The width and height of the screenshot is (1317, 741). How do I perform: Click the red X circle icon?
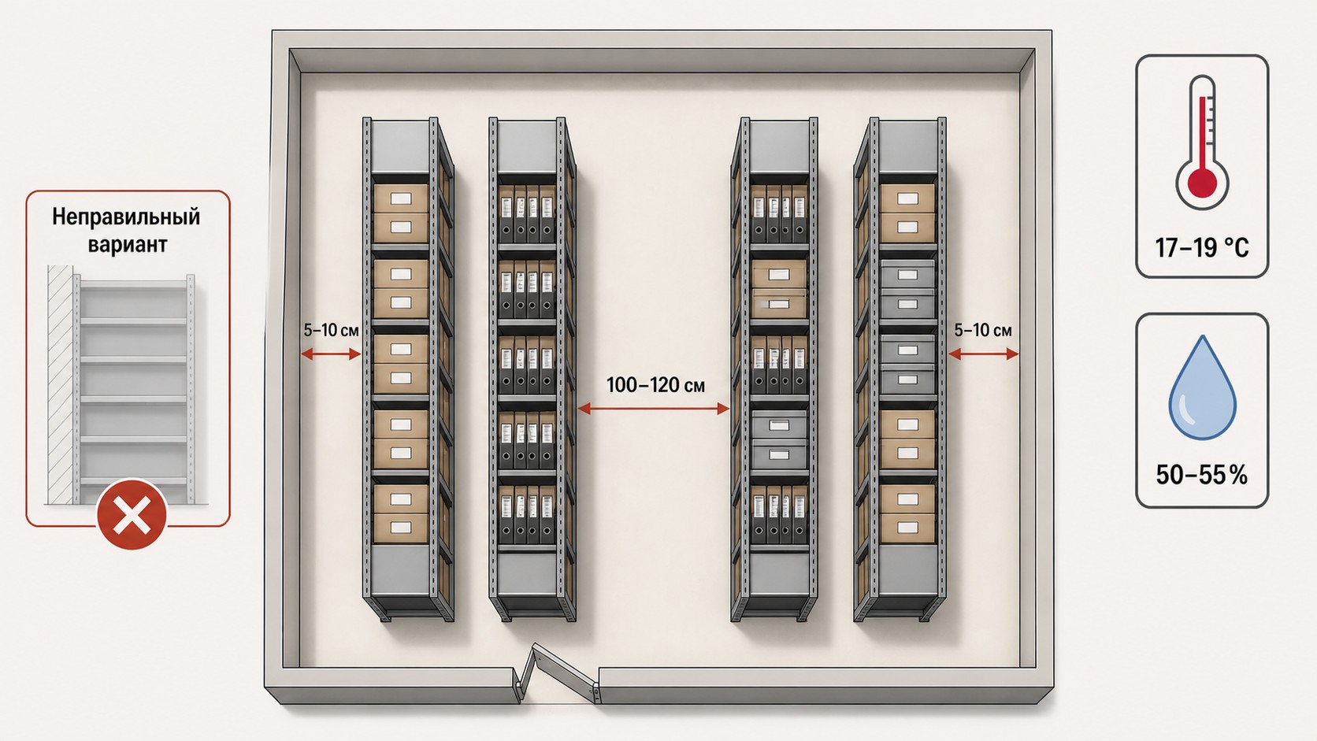point(132,515)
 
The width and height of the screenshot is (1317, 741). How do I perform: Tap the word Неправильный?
point(126,217)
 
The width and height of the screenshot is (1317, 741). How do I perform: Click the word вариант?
point(128,244)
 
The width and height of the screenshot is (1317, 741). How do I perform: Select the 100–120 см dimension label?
point(655,386)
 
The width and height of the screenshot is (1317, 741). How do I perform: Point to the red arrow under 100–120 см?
point(654,409)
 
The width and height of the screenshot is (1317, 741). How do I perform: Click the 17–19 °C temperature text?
point(1202,248)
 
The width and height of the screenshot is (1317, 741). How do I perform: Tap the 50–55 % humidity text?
point(1202,475)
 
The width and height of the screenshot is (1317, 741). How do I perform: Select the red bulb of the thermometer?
point(1202,183)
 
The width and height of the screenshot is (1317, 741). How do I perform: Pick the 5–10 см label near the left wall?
point(331,330)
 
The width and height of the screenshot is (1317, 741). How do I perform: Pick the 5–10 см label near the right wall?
point(983,330)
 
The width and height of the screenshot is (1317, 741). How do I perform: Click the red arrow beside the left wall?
point(331,354)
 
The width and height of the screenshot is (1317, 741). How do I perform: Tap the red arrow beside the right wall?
point(984,354)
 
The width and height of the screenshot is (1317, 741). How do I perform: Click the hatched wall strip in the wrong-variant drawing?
point(60,385)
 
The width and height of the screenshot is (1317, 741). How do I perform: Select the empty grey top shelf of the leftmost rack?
point(400,146)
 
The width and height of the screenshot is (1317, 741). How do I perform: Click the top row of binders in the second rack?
point(527,213)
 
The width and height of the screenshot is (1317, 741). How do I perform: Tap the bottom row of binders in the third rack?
point(779,514)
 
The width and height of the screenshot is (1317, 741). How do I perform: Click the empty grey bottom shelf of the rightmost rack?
point(907,570)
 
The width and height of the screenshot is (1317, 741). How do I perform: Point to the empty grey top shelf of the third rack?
point(779,146)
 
